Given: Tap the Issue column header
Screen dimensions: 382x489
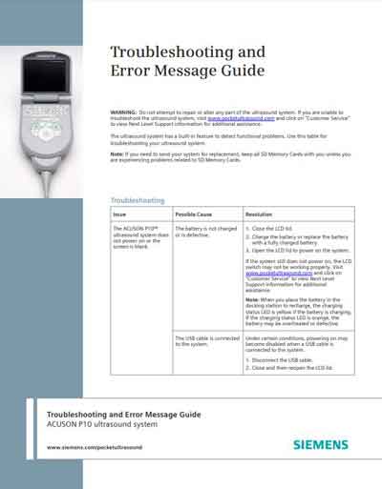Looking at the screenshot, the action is click(119, 214).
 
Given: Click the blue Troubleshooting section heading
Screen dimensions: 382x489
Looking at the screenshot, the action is click(138, 201).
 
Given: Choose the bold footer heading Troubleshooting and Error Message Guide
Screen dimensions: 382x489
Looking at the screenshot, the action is click(123, 415).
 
